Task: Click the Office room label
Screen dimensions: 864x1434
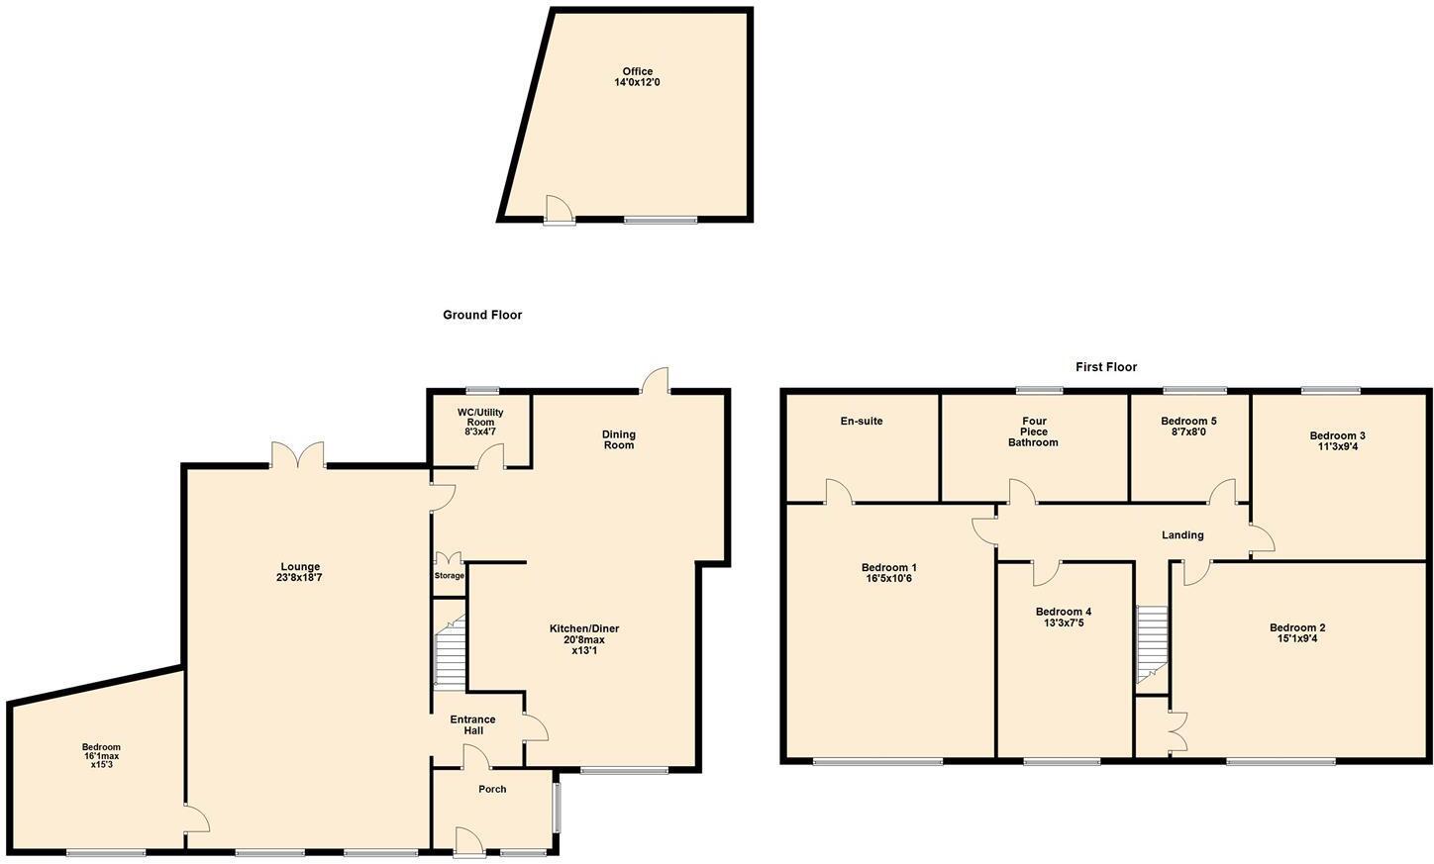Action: point(637,71)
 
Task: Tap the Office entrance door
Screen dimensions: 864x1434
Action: point(559,210)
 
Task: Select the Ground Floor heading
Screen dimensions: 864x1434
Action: point(482,315)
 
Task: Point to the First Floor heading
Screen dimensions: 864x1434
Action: point(1106,367)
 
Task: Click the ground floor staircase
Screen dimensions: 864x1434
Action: point(450,651)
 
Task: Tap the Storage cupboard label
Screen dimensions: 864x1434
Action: point(449,576)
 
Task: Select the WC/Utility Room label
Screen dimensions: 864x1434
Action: point(480,422)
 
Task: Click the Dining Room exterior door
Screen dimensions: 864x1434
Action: point(655,382)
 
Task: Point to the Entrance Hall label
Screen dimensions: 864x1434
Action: point(472,724)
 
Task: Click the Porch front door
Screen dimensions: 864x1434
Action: point(467,841)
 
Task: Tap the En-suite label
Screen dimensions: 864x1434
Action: point(862,422)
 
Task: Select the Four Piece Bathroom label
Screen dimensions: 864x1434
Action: point(1033,432)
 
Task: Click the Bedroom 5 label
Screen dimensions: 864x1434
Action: point(1188,421)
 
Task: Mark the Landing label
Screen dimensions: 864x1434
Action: point(1182,535)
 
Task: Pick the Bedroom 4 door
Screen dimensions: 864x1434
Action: point(1047,572)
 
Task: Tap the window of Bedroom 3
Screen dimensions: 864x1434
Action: point(1330,390)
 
